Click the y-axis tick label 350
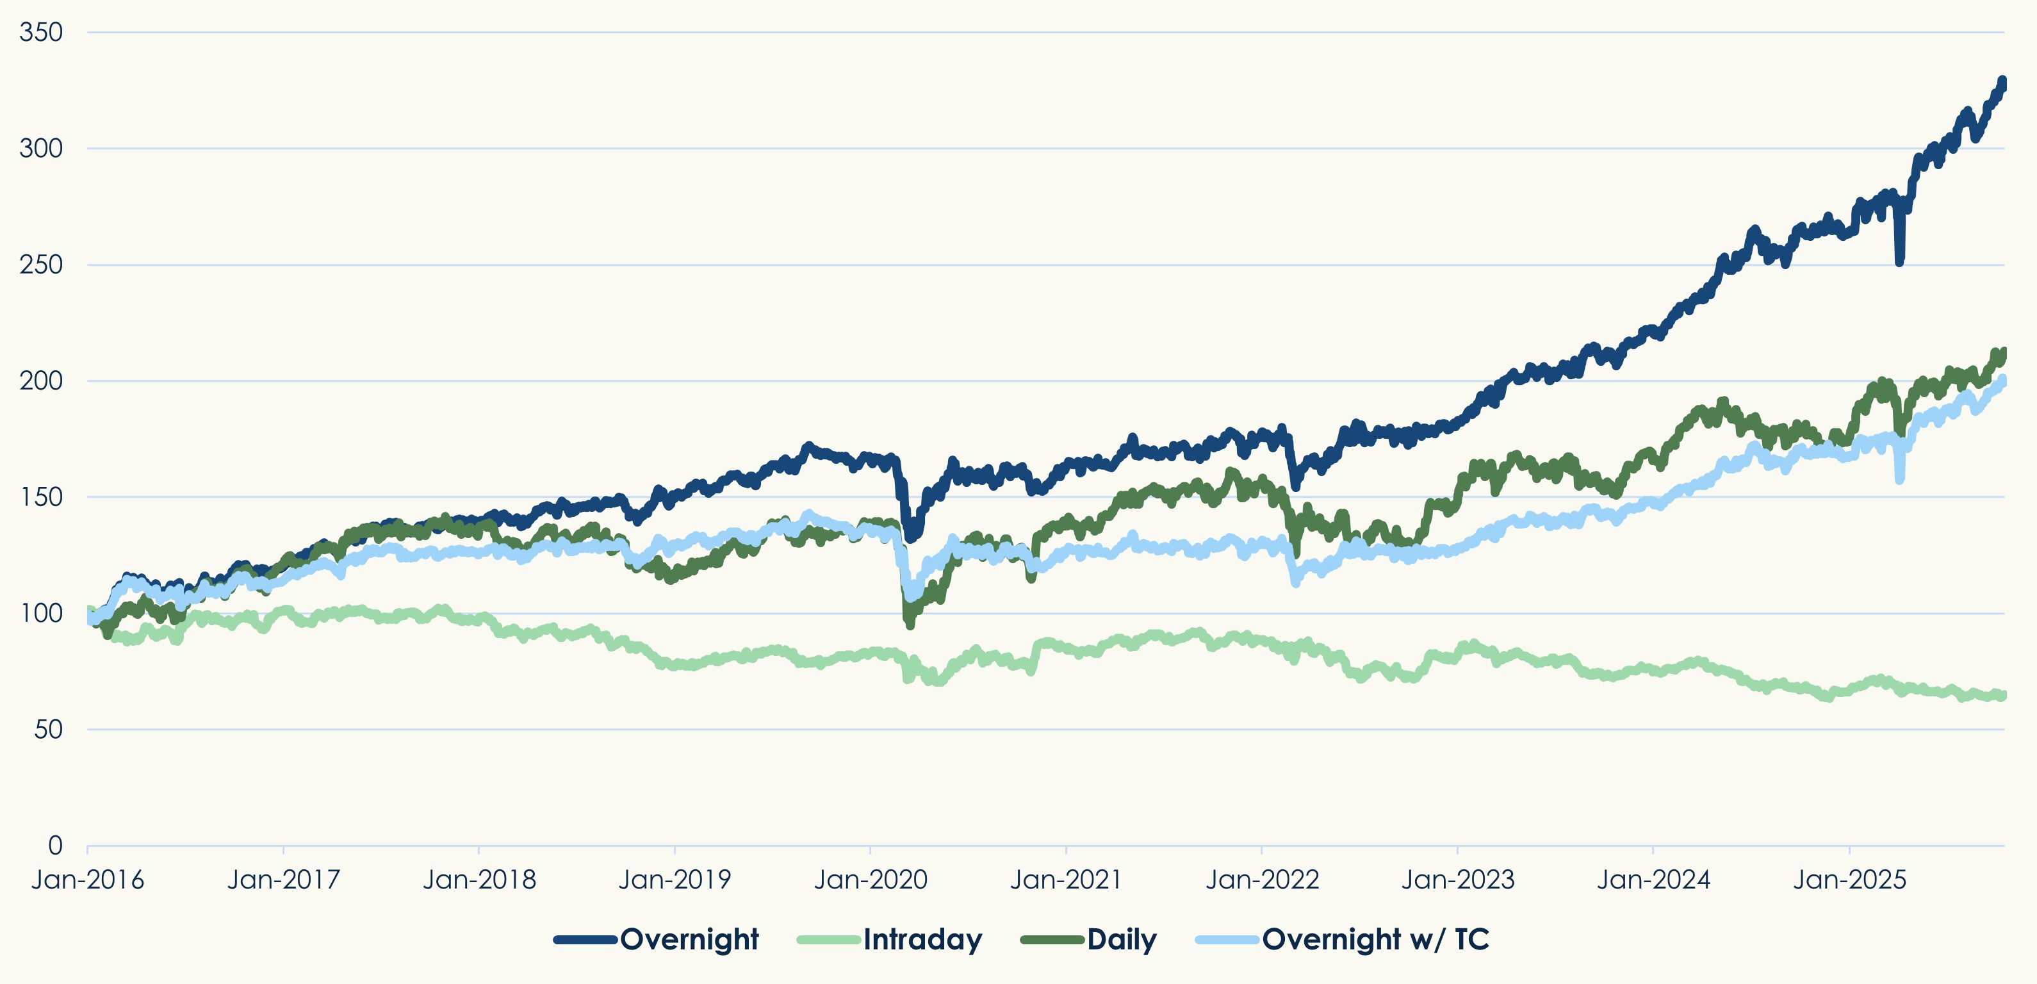41,33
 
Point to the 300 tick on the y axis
41,148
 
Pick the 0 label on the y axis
55,845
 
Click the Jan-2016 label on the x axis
88,880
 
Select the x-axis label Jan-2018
479,880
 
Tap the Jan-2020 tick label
871,880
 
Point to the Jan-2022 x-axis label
1262,880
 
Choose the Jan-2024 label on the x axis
1653,880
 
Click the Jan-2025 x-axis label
1849,880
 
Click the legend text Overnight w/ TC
1375,939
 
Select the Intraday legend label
923,939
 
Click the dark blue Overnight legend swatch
585,940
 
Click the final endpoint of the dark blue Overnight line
2003,81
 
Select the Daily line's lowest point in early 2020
910,625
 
